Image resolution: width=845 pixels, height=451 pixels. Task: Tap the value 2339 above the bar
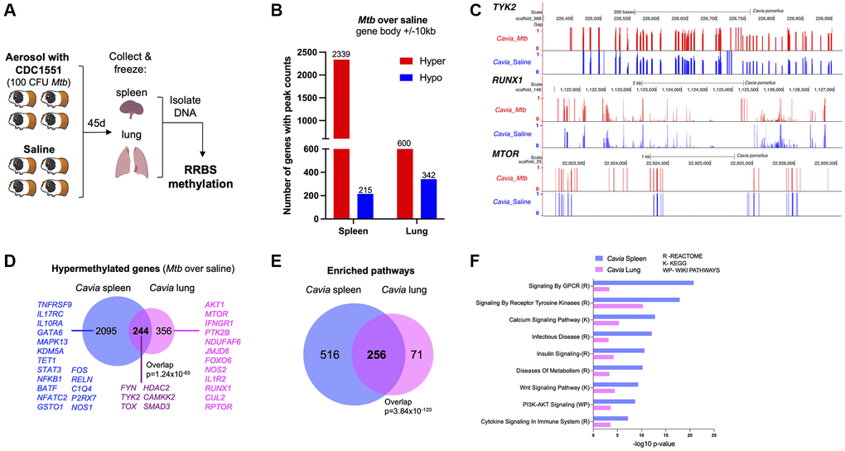[x=340, y=54]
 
